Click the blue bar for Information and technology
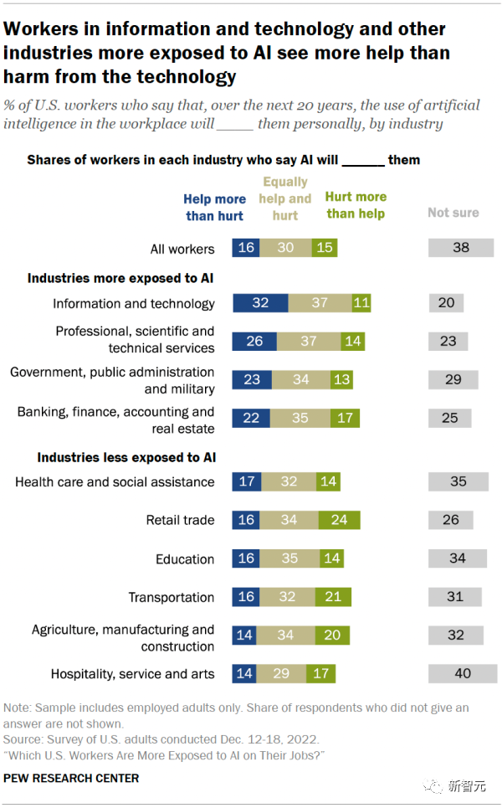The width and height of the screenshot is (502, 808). (260, 303)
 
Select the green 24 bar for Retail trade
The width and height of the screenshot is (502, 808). (338, 520)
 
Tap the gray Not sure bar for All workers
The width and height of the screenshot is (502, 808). (460, 248)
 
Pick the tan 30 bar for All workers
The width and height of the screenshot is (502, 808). (284, 248)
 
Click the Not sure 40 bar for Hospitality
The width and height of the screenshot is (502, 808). (463, 673)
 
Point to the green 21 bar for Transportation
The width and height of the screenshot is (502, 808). (334, 597)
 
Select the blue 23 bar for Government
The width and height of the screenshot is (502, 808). (252, 379)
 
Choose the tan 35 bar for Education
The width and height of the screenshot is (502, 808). (289, 558)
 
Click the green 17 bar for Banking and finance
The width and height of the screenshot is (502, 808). (345, 418)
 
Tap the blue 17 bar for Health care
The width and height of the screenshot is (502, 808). (247, 481)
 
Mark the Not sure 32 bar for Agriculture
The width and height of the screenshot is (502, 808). (455, 635)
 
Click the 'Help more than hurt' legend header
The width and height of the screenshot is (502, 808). (214, 207)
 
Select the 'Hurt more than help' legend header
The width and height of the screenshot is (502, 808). (356, 205)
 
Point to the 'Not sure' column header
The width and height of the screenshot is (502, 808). (453, 213)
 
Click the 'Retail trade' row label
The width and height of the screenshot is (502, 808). (181, 520)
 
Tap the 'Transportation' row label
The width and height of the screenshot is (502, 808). (172, 597)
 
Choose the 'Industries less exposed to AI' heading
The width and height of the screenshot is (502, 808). (126, 458)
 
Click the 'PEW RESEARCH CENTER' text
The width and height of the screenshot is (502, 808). (71, 778)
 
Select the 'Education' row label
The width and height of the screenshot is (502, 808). (185, 558)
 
